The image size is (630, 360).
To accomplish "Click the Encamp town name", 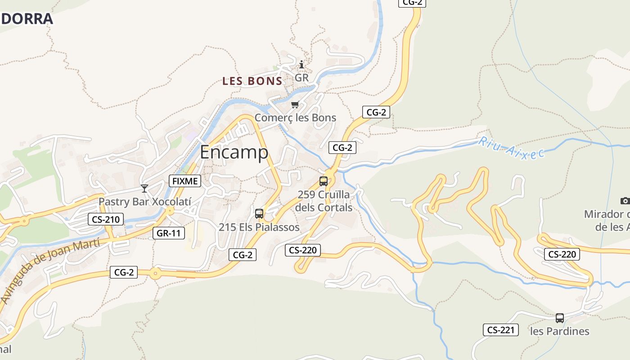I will (x=234, y=152).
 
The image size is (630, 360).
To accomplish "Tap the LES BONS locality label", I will (x=252, y=81).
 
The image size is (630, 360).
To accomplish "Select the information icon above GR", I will (x=301, y=64).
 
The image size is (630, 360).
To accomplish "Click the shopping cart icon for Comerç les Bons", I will (x=295, y=105).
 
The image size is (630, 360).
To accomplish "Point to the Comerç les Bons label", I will (x=295, y=118).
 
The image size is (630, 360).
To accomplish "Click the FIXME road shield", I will (x=185, y=181).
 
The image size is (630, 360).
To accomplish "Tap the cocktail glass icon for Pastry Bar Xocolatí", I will (x=144, y=188).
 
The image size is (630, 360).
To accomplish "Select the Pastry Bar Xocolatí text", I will (x=145, y=202).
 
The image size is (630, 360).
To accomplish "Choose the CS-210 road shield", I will (x=105, y=220).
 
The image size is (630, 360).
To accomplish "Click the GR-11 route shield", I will (x=169, y=233).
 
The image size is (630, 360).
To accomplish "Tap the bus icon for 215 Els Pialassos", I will (x=259, y=214).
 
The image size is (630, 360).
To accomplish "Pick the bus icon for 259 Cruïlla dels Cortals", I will (x=324, y=181).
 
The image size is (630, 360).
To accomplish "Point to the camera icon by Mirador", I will (x=625, y=201).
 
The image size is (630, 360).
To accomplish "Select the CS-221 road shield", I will (x=500, y=330).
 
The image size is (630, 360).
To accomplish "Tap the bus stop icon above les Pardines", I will (x=560, y=318).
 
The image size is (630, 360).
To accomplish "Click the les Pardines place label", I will (x=560, y=332).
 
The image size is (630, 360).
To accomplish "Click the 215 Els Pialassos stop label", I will (x=259, y=227).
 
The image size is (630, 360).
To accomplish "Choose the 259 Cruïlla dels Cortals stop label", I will (x=324, y=201).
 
